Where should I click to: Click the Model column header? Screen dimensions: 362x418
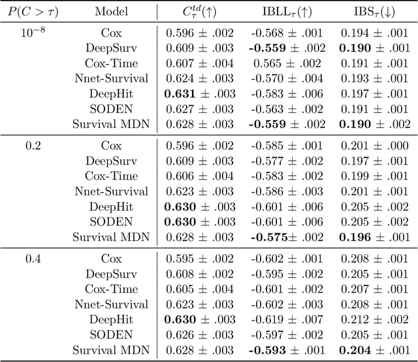(x=112, y=12)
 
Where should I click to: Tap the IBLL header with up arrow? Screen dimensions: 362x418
(x=285, y=12)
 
